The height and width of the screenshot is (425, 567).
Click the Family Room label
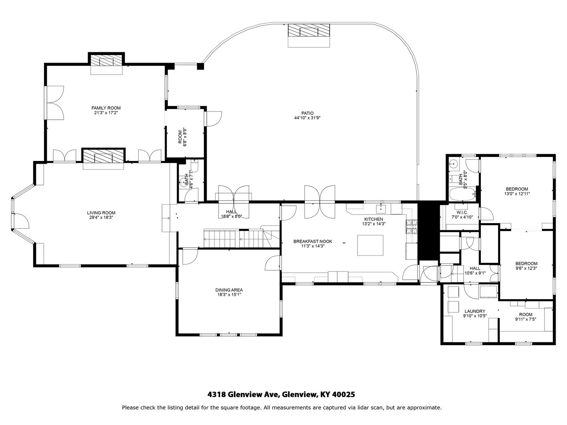click(x=106, y=108)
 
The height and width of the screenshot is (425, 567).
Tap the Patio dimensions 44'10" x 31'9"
click(x=308, y=118)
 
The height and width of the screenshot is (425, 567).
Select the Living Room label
click(x=101, y=213)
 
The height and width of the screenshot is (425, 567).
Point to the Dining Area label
click(x=229, y=290)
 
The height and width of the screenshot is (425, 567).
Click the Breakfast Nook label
click(x=313, y=242)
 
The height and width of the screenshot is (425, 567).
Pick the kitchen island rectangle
click(x=370, y=245)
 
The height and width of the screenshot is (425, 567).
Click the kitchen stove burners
click(x=412, y=227)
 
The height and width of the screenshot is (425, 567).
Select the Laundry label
click(x=475, y=311)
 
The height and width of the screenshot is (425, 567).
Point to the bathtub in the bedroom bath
click(x=462, y=194)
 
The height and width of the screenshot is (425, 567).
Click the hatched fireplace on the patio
click(x=309, y=31)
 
